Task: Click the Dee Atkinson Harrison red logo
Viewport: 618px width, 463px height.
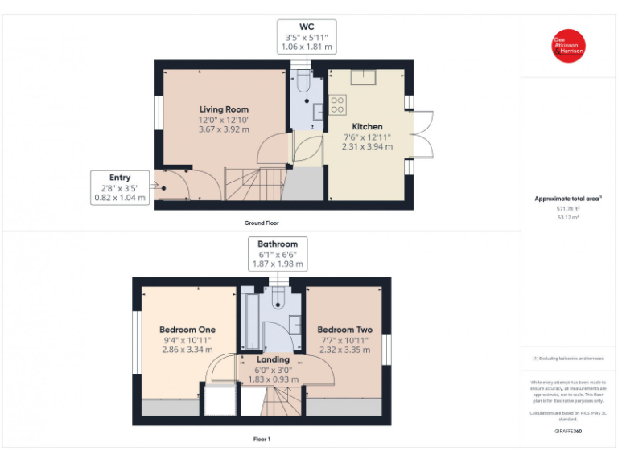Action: (x=568, y=46)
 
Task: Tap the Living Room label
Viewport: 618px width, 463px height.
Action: (x=224, y=109)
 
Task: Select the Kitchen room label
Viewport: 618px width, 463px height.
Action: (x=367, y=127)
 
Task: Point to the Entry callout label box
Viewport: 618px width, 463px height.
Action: (x=120, y=187)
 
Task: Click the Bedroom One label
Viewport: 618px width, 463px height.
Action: (x=187, y=330)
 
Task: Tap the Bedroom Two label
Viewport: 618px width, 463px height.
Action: (x=344, y=330)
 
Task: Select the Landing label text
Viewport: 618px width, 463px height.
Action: (x=273, y=360)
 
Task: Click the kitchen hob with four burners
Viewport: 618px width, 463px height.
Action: (x=337, y=104)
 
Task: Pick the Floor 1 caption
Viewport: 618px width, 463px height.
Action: (x=262, y=440)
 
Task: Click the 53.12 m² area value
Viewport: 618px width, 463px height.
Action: (x=568, y=217)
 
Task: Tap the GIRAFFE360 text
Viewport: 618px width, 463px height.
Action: (x=568, y=432)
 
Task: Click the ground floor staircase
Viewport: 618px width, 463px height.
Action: (x=245, y=185)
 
